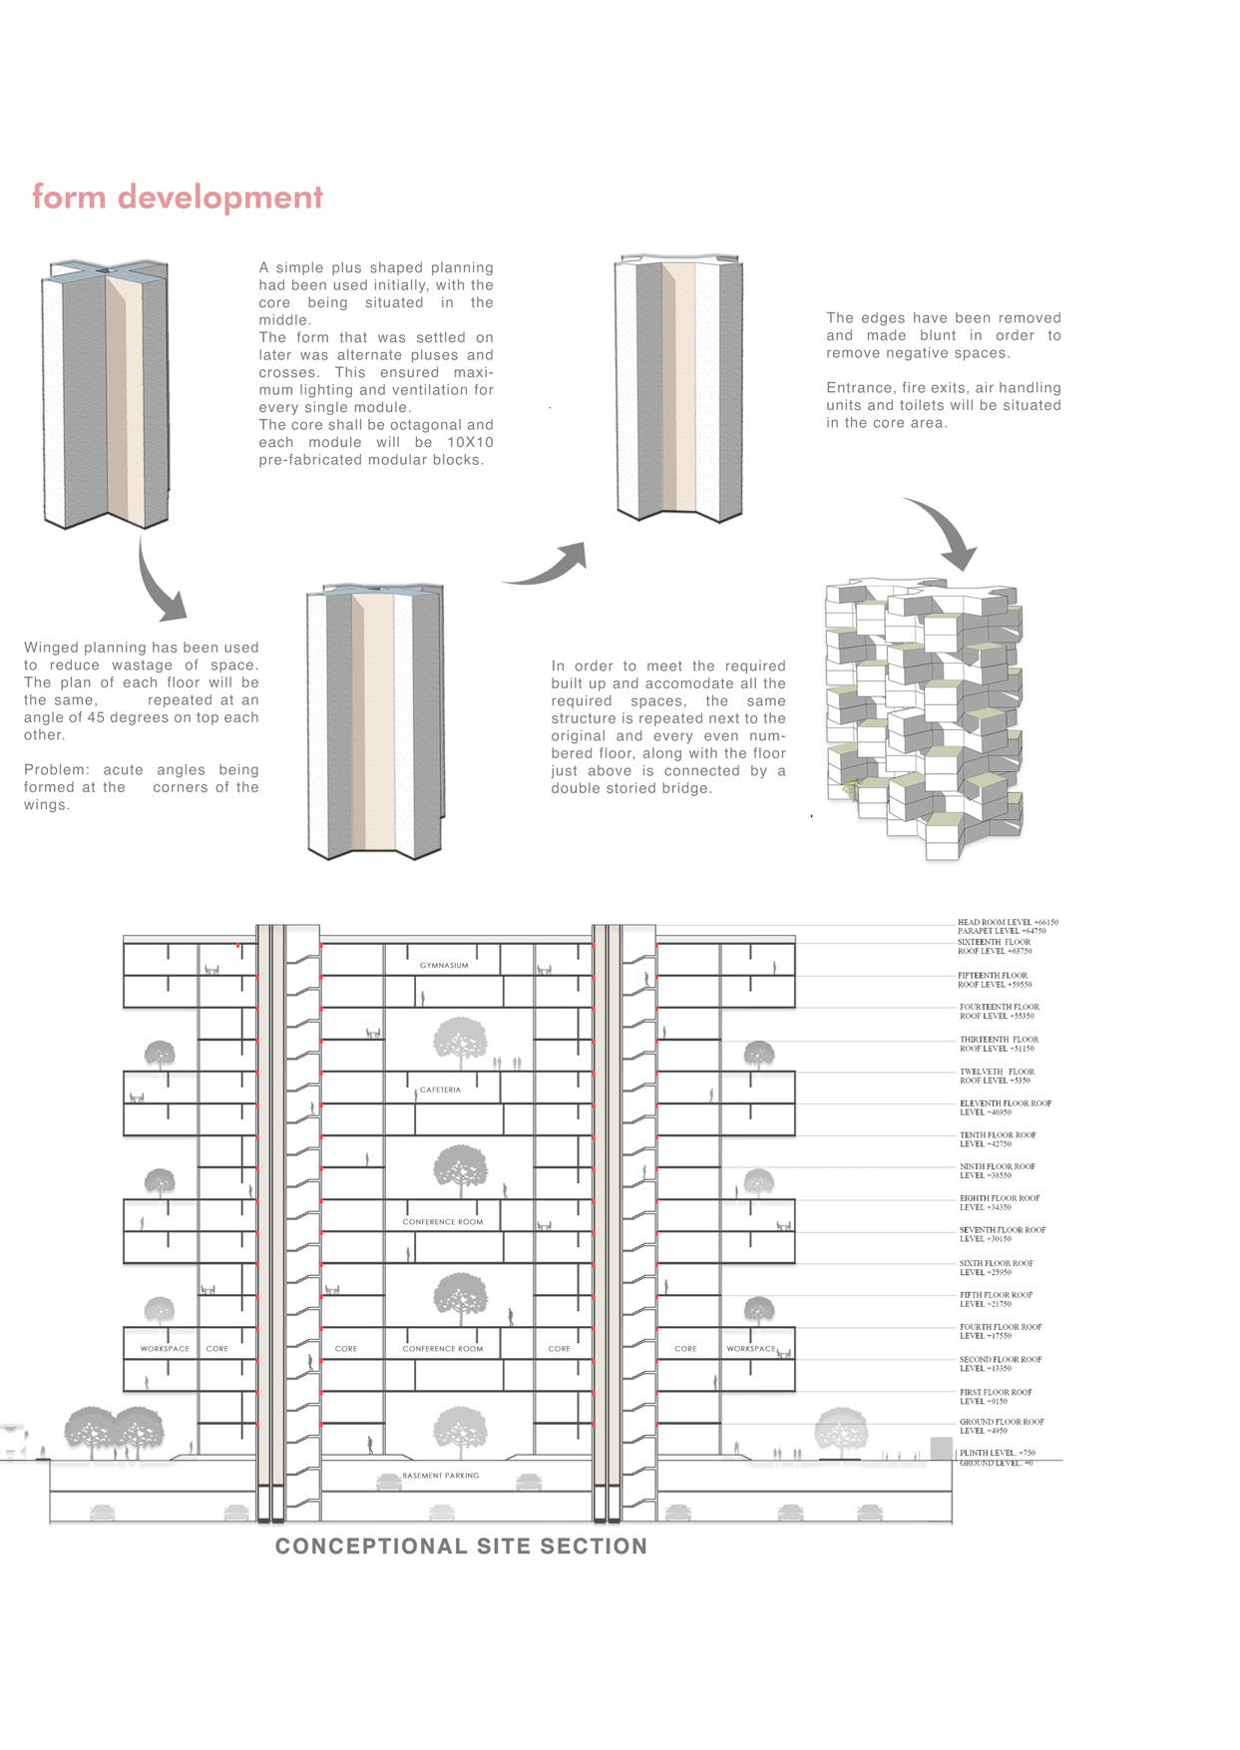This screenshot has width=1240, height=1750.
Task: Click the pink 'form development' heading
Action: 178,197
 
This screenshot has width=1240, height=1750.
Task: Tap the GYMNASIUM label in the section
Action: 443,966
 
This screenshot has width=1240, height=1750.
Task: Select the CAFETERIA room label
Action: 440,1090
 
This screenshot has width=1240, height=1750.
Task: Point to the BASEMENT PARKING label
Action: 440,1475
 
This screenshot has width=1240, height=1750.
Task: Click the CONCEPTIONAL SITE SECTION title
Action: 461,1546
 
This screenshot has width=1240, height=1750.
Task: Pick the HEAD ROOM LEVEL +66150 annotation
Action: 1008,923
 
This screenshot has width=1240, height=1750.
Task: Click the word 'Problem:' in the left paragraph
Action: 56,770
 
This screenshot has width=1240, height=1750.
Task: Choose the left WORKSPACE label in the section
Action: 165,1348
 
